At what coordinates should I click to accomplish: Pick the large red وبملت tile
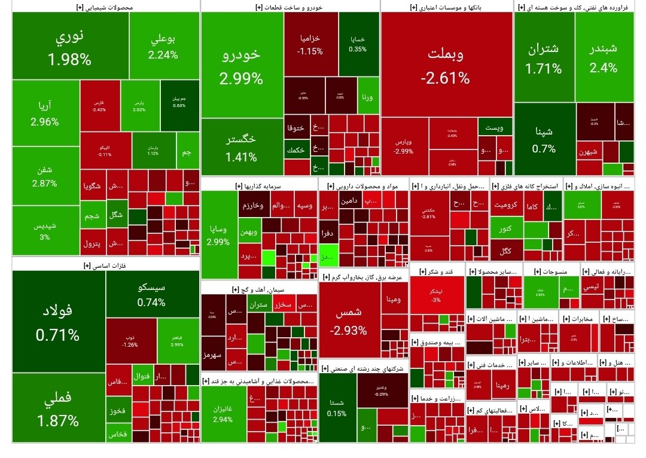[446, 64]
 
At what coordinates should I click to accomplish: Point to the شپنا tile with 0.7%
[544, 139]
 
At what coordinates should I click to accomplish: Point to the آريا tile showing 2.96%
[45, 114]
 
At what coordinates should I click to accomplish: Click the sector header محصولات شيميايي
[106, 7]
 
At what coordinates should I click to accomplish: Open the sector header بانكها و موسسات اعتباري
[446, 7]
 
